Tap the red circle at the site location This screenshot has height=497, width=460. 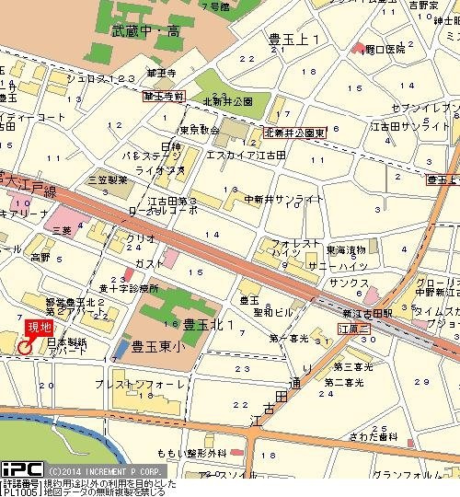click(24, 347)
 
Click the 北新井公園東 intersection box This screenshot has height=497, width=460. click(295, 133)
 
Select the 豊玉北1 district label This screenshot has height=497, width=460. click(209, 324)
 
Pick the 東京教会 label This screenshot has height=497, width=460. click(199, 130)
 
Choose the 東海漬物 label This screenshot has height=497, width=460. click(346, 249)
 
